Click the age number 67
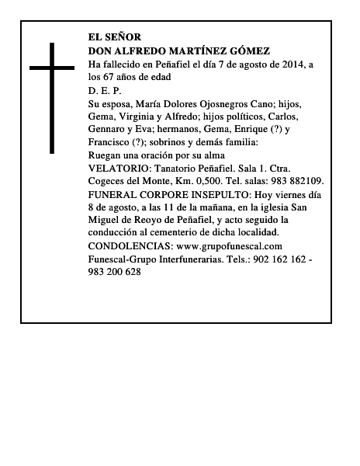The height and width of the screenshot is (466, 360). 110,77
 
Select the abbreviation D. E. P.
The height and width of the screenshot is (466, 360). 105,90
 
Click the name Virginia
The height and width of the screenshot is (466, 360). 141,116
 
